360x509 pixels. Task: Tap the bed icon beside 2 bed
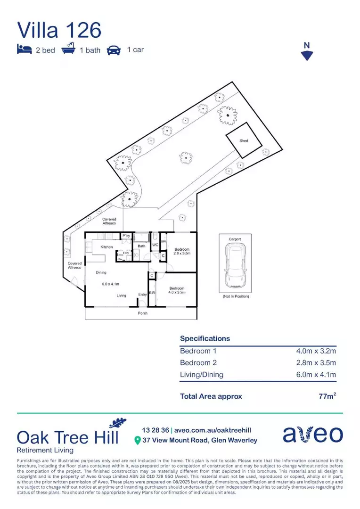coord(25,49)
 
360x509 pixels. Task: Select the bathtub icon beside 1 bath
coord(68,49)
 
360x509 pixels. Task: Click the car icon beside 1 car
coord(114,49)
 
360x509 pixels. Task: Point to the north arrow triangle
coord(307,56)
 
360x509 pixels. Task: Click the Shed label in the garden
coord(244,141)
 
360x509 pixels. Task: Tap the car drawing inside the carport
coord(235,267)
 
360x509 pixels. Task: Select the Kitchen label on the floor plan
coord(106,247)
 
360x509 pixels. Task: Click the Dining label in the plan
coord(101,272)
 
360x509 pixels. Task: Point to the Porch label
coord(143,313)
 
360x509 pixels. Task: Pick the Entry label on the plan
coord(142,295)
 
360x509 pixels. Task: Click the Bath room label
coord(141,246)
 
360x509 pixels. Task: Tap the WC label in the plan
coord(155,245)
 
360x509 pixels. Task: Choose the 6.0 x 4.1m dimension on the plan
coord(111,284)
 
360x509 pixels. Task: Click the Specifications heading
coord(205,338)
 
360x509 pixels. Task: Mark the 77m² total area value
coord(327,396)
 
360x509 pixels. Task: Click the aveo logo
coord(313,435)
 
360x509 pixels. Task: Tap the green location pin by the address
coord(138,440)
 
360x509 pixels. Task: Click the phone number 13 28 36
coord(155,430)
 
